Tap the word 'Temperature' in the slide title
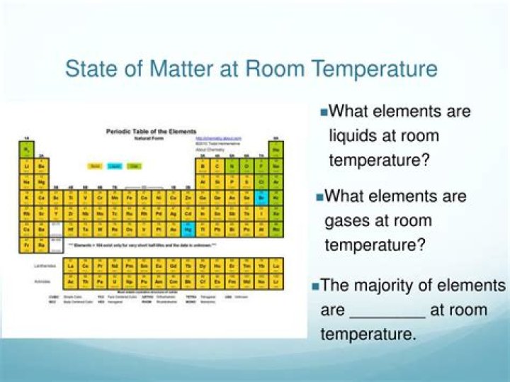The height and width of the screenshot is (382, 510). [x=375, y=69]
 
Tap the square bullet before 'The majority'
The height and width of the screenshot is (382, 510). [x=315, y=286]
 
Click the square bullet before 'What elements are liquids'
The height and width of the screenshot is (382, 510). [x=324, y=112]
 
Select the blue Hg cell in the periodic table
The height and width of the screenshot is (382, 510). [x=188, y=230]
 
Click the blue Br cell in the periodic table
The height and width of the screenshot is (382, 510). [x=261, y=197]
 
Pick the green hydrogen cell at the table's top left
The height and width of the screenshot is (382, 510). [x=26, y=150]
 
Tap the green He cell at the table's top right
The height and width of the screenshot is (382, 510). [x=276, y=150]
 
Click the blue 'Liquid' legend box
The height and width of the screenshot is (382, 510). [x=114, y=166]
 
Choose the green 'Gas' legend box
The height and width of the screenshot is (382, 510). [x=133, y=166]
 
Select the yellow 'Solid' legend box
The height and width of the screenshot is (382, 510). [x=94, y=166]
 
